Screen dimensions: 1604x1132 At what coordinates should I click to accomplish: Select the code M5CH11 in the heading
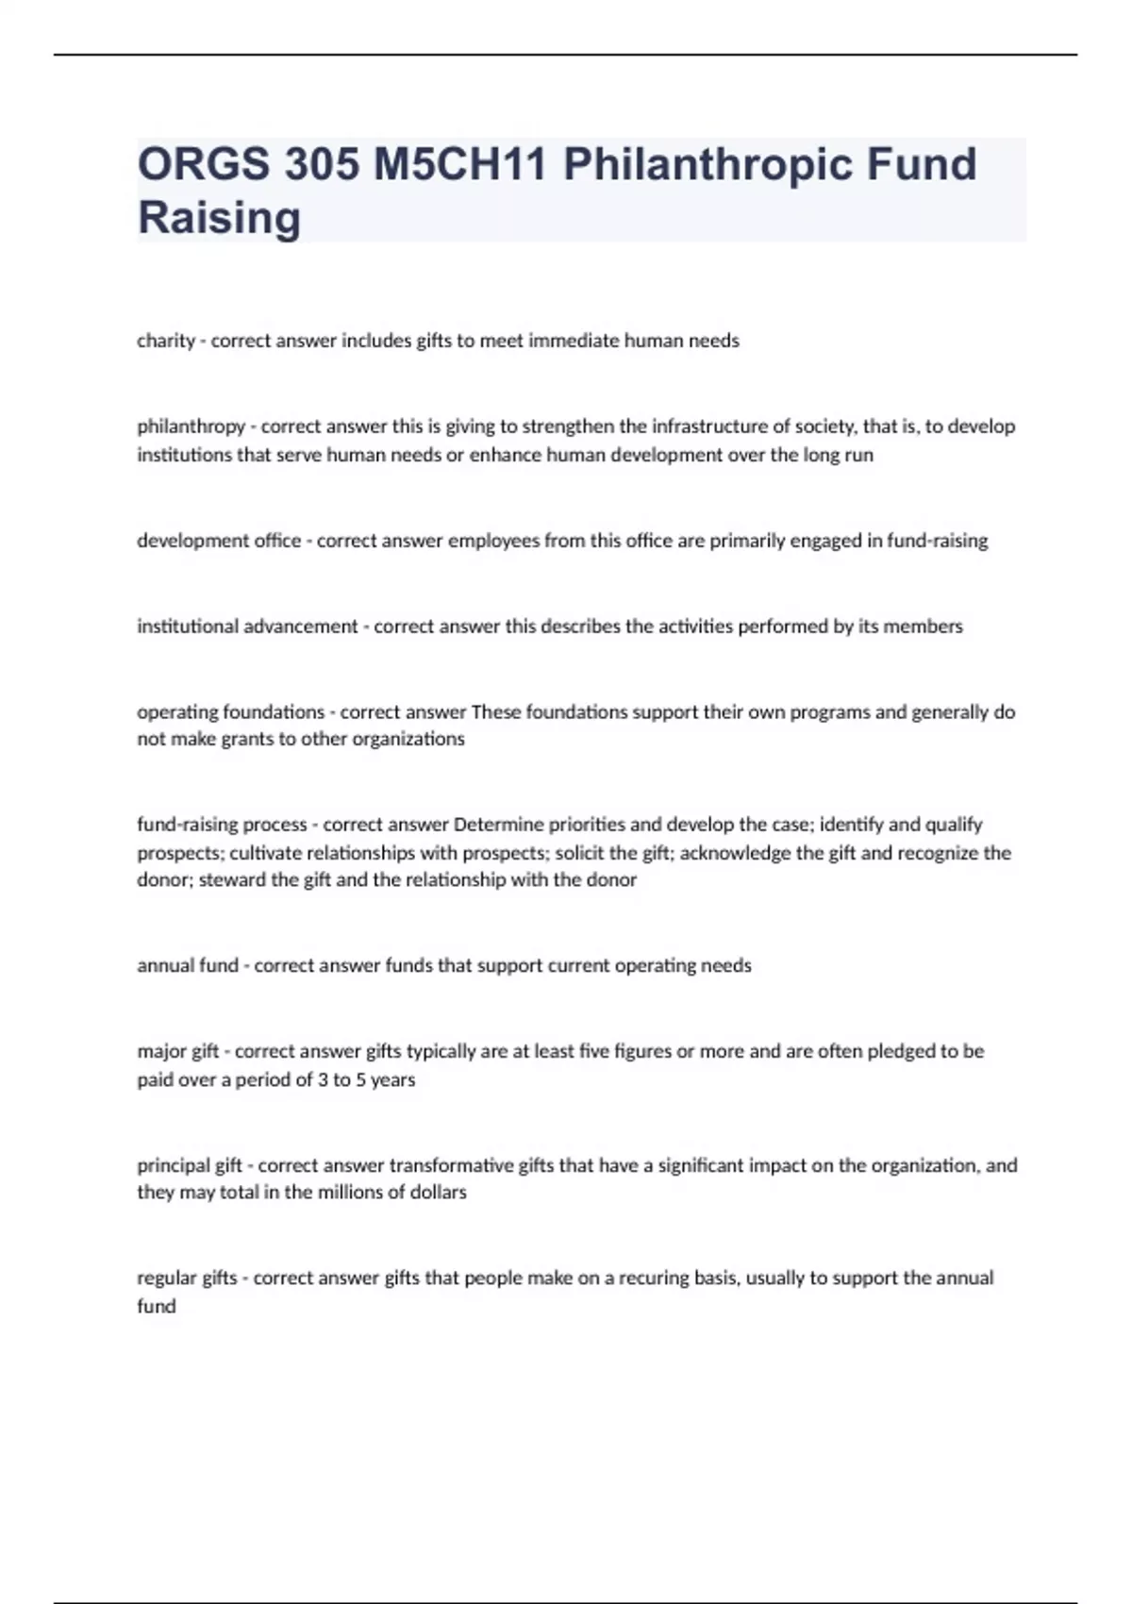[460, 164]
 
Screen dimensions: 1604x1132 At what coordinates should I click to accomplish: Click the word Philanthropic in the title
[707, 164]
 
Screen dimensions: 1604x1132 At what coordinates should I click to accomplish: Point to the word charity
[165, 341]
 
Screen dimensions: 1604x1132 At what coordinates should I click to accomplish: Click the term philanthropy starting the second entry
[191, 426]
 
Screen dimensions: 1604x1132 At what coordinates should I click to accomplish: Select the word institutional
[187, 627]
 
